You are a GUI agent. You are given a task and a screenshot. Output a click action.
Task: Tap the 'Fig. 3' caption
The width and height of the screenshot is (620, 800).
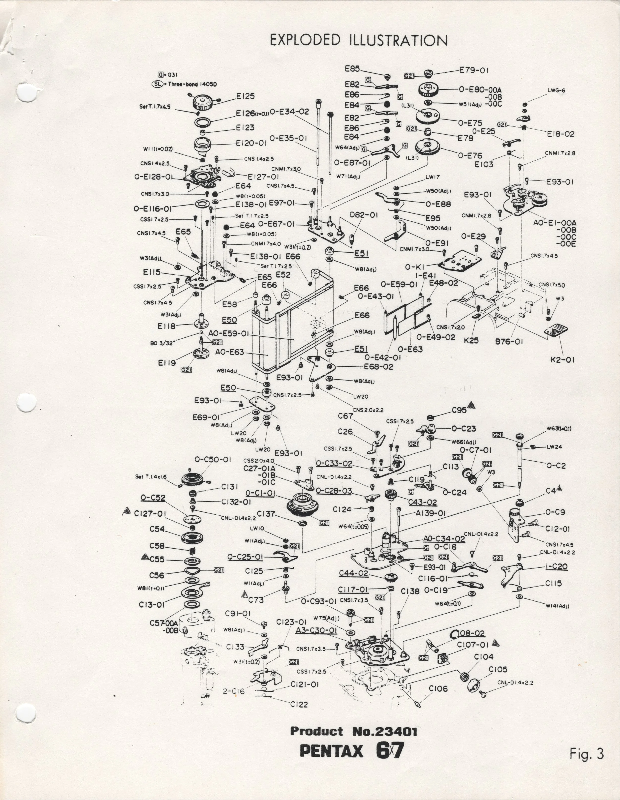click(x=586, y=754)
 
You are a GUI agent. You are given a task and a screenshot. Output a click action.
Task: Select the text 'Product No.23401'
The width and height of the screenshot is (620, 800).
click(x=354, y=731)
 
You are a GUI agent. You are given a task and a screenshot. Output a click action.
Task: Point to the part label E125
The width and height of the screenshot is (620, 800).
click(x=245, y=96)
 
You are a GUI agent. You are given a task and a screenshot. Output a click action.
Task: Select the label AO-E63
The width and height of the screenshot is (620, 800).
click(x=229, y=352)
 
